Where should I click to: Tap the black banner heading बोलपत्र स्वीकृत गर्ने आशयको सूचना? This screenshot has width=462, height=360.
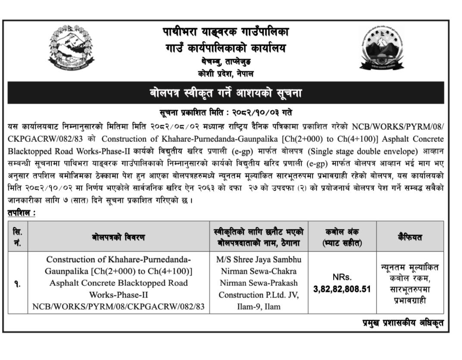pos(225,93)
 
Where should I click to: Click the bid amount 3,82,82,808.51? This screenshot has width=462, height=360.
pos(342,289)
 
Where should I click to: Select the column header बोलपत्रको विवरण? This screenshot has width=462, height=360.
pos(118,237)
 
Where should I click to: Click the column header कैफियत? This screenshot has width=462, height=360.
pos(410,237)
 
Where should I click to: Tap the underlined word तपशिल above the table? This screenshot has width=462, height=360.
pos(20,213)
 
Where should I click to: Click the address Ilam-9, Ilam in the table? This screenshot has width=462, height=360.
pos(259,307)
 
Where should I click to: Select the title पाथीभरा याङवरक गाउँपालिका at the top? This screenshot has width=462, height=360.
pos(225,32)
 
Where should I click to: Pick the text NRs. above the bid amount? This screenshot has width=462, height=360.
pos(342,277)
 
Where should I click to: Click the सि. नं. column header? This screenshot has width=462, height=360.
pos(18,237)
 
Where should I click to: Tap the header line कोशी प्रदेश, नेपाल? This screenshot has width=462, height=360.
pos(225,74)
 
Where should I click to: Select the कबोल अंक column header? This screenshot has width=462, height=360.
pos(342,237)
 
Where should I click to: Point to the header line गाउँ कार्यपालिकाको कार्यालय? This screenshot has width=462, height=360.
pos(225,48)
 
